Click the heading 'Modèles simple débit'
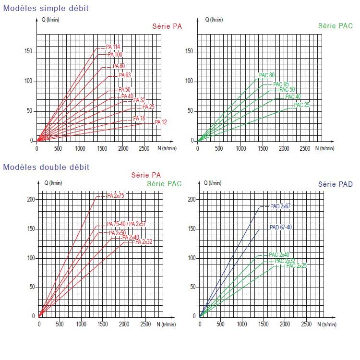tap(46, 8)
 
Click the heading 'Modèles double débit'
tap(46, 167)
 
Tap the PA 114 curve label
tap(113, 47)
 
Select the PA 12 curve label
tap(161, 122)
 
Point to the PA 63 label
tap(125, 75)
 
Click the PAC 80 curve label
tap(266, 75)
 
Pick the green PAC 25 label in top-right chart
tap(302, 105)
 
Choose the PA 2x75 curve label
tap(116, 196)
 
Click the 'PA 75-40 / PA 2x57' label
tap(126, 224)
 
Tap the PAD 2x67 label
tap(280, 206)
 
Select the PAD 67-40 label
tap(281, 228)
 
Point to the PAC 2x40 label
tap(279, 254)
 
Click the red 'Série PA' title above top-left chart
tap(167, 26)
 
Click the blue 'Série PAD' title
tap(336, 184)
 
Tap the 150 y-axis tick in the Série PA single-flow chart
tap(28, 51)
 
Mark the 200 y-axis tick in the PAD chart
tap(192, 199)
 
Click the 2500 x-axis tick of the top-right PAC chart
tap(305, 148)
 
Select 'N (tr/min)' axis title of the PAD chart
tap(327, 324)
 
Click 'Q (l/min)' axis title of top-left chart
tap(50, 20)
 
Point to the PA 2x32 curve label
tap(144, 241)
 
